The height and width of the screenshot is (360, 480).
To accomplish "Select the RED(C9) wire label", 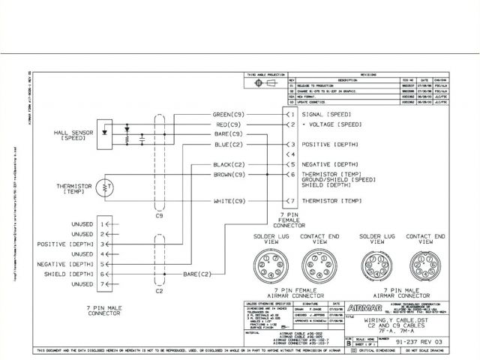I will pos(230,124).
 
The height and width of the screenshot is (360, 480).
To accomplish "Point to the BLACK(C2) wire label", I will pos(229,163).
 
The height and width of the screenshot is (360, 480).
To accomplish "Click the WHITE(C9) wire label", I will pos(229,201).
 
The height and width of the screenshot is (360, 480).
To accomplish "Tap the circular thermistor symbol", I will pos(107,185).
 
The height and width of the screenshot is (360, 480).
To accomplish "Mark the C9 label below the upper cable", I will pos(158,216).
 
